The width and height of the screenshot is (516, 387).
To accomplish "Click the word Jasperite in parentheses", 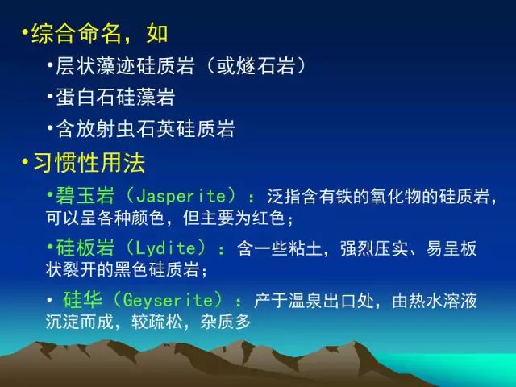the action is (x=181, y=197).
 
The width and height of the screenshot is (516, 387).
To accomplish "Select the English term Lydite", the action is (x=166, y=248).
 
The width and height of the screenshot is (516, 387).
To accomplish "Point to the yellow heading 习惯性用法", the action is (x=89, y=163).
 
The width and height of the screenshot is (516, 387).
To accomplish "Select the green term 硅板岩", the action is (x=85, y=248).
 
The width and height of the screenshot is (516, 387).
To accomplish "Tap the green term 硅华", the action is (x=83, y=299).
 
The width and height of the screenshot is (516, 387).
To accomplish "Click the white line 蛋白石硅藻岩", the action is (x=115, y=98).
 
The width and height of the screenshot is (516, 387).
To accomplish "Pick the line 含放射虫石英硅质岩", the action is (x=145, y=129).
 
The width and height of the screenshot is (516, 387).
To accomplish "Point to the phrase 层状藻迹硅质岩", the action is (x=125, y=66).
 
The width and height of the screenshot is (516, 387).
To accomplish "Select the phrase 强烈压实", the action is (x=375, y=249).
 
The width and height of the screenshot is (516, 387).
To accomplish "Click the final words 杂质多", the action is (x=226, y=322).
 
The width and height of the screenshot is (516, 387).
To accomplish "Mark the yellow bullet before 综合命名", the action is (x=25, y=32).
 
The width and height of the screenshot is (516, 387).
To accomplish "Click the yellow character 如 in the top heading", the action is (x=157, y=34).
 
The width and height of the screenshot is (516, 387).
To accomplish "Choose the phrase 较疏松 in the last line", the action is (x=157, y=322).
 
